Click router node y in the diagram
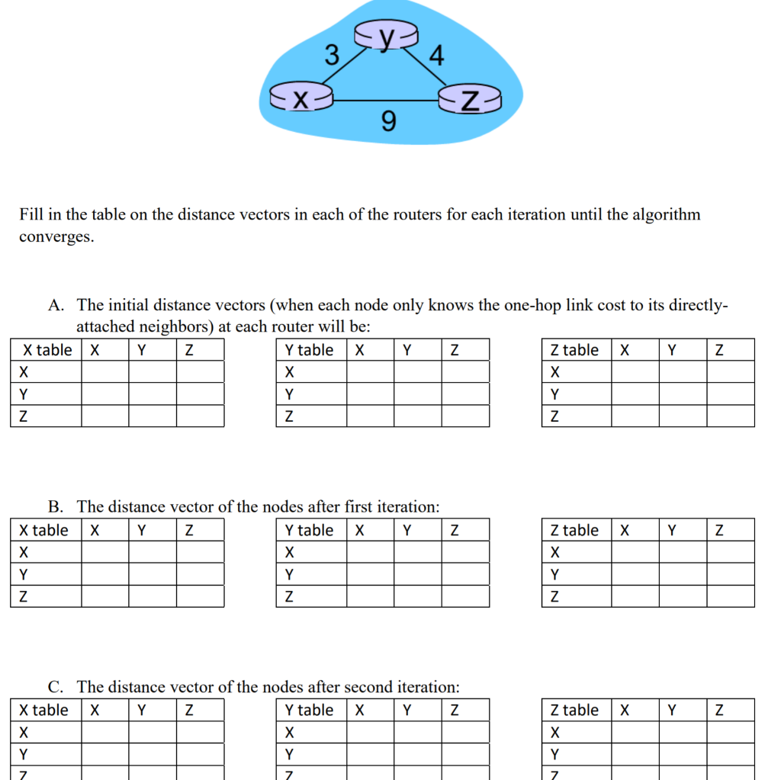[387, 36]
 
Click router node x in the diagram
[301, 98]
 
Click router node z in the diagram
[471, 99]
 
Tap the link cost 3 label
[332, 55]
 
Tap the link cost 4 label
[436, 56]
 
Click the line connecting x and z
[386, 100]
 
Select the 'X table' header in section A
[47, 350]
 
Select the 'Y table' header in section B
[310, 530]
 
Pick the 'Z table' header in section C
[575, 710]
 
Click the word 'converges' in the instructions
[56, 236]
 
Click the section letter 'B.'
[56, 506]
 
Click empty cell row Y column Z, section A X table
[200, 394]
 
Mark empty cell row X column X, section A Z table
[635, 372]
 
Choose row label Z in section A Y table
[288, 416]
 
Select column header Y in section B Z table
[672, 530]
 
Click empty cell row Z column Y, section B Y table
[417, 596]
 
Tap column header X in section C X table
[95, 710]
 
